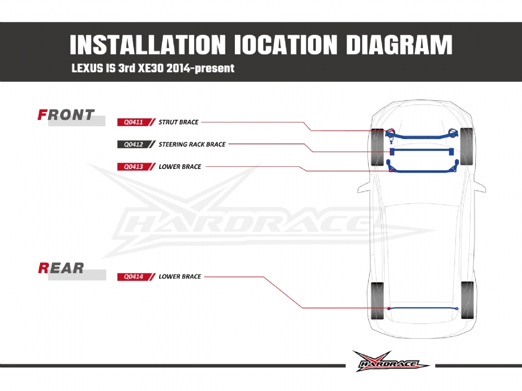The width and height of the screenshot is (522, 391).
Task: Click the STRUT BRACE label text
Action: pos(179,122)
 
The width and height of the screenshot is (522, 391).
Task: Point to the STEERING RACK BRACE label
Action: pos(192,144)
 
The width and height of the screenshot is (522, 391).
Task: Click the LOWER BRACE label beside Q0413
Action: pos(180,167)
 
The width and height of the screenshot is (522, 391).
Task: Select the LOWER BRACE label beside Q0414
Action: pos(180,277)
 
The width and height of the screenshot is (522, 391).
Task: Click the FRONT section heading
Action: pos(66,115)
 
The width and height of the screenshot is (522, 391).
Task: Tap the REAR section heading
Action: pos(61,268)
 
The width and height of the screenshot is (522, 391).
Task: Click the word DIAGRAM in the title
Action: pos(399,45)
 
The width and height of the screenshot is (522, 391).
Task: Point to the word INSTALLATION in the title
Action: pos(148,45)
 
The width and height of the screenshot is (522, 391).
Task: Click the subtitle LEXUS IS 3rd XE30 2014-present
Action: pos(153,68)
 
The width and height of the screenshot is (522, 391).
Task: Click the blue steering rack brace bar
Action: pos(421,151)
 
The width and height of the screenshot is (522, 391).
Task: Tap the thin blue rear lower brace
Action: pos(423,308)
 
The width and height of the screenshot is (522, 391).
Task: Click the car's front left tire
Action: pos(377,148)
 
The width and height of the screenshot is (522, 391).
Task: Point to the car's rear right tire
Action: pos(467,300)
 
